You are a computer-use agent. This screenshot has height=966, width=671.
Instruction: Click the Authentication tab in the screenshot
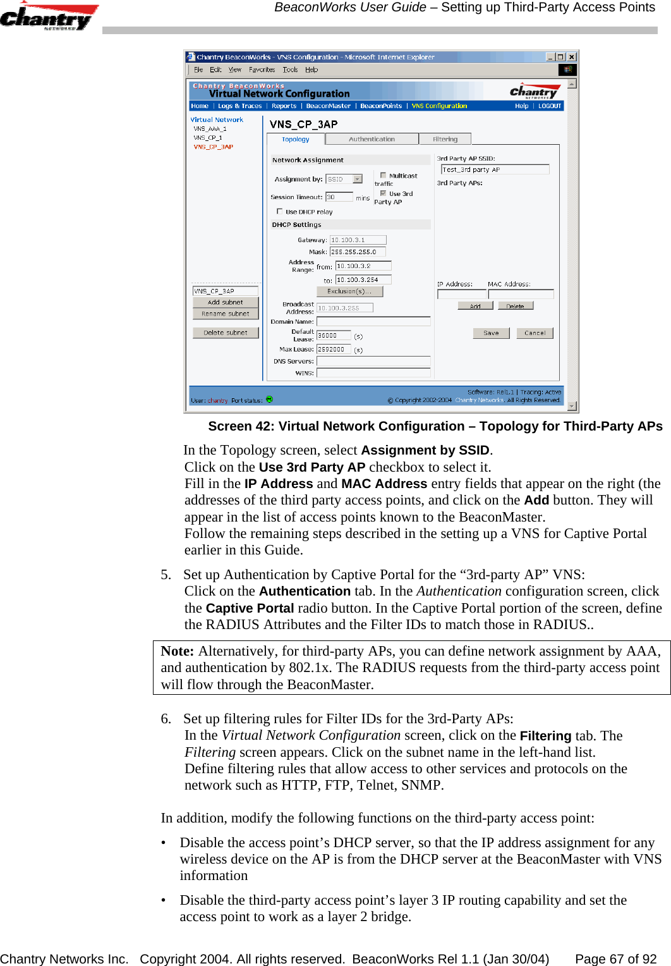(372, 139)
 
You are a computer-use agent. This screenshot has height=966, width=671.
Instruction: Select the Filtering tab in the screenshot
(445, 139)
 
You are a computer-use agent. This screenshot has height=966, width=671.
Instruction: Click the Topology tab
(296, 139)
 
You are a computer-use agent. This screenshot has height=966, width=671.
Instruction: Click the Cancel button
(535, 333)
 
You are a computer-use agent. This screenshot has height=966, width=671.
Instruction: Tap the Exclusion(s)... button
(350, 291)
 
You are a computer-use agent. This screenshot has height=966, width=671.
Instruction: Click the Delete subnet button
(226, 333)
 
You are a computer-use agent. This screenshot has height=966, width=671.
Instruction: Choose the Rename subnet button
(226, 314)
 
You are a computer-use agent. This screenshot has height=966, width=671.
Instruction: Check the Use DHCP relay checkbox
(279, 211)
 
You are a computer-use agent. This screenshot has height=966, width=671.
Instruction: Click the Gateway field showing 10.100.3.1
(358, 240)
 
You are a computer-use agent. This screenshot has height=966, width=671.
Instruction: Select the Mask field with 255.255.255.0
(358, 252)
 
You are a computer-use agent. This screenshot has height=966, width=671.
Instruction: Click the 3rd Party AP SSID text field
(495, 169)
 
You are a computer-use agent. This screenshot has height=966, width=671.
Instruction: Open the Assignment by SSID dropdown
(358, 179)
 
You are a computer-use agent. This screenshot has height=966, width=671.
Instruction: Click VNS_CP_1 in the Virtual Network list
(208, 137)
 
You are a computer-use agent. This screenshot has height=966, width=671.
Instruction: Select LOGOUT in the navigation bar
(549, 106)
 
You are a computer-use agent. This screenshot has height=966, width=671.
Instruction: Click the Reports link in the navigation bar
(284, 106)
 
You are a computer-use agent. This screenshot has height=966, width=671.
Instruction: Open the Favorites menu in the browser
(262, 70)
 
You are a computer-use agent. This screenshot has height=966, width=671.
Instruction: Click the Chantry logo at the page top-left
(48, 16)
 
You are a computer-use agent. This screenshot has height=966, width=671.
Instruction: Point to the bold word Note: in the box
(177, 651)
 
